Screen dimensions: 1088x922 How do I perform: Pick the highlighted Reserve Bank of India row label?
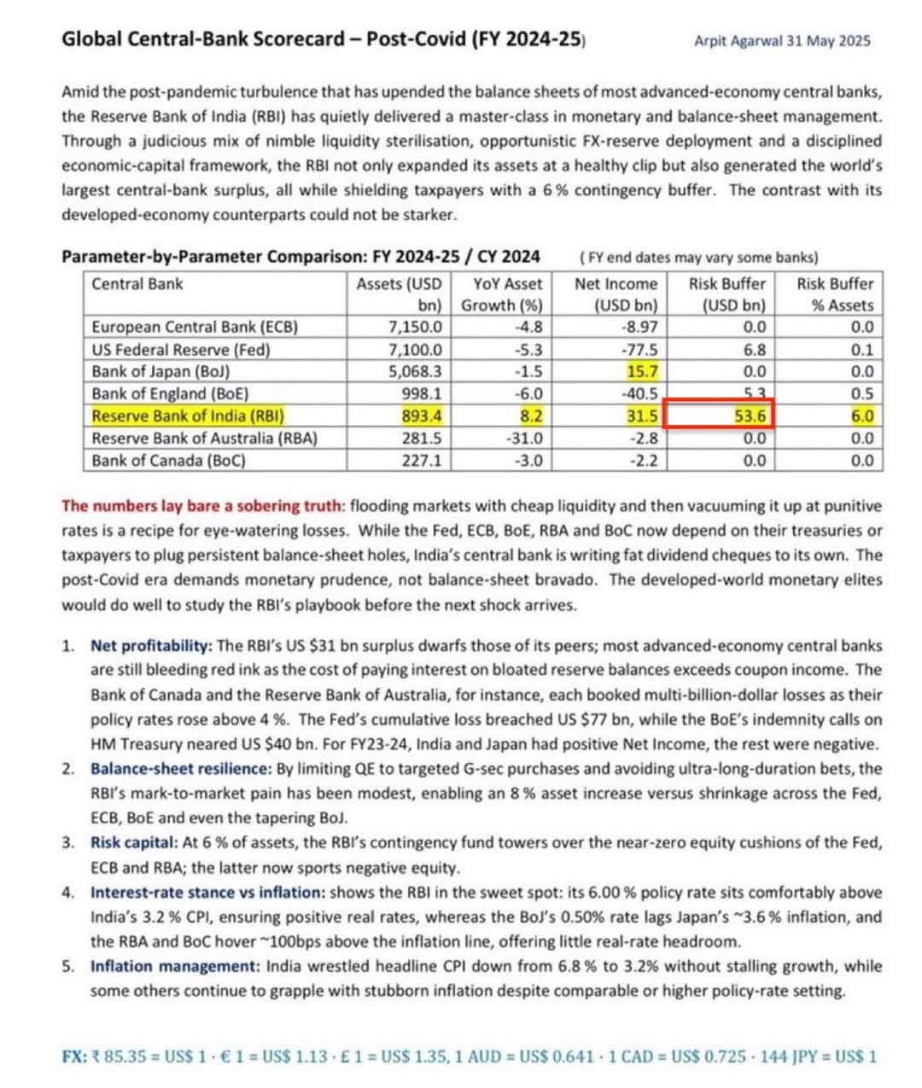pyautogui.click(x=188, y=416)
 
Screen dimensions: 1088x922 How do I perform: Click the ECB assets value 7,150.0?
pyautogui.click(x=415, y=327)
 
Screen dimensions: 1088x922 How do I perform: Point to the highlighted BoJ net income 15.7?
pyautogui.click(x=642, y=372)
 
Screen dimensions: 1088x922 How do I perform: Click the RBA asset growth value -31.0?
pyautogui.click(x=524, y=439)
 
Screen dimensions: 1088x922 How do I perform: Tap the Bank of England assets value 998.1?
pyautogui.click(x=422, y=394)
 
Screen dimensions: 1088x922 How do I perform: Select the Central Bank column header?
pyautogui.click(x=137, y=284)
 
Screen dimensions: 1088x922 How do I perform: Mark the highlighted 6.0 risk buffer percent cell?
pyautogui.click(x=862, y=416)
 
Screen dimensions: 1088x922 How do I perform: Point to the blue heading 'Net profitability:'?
pyautogui.click(x=151, y=646)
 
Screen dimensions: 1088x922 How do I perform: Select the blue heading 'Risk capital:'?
pyautogui.click(x=131, y=843)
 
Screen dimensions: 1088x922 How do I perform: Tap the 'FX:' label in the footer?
pyautogui.click(x=74, y=1056)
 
